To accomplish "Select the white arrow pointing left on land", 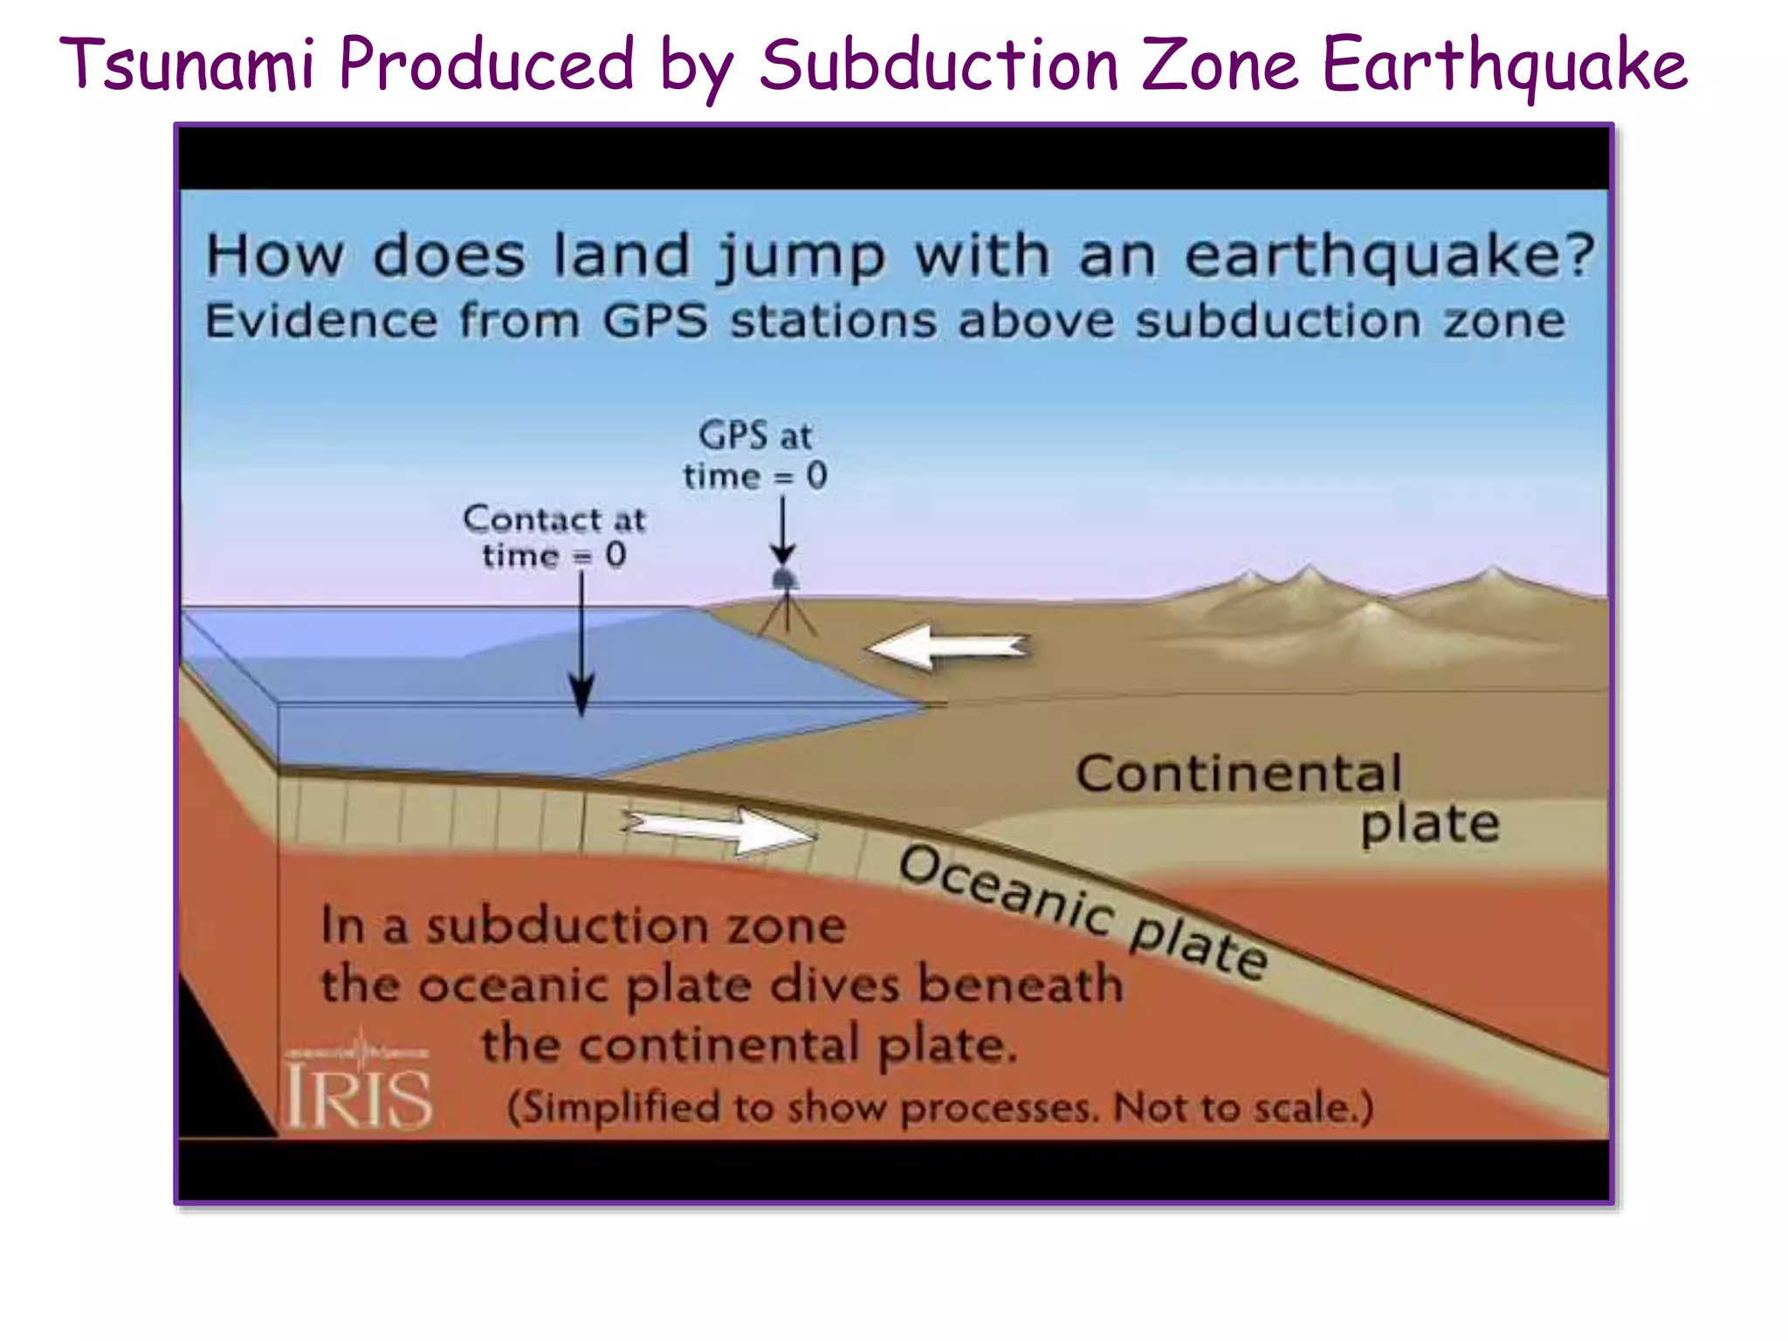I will pyautogui.click(x=947, y=648).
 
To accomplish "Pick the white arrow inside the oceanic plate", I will pyautogui.click(x=721, y=829).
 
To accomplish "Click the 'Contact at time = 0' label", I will pyautogui.click(x=554, y=537).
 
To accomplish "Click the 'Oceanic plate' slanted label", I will pyautogui.click(x=1083, y=911).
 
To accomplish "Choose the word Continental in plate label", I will pyautogui.click(x=1238, y=774).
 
